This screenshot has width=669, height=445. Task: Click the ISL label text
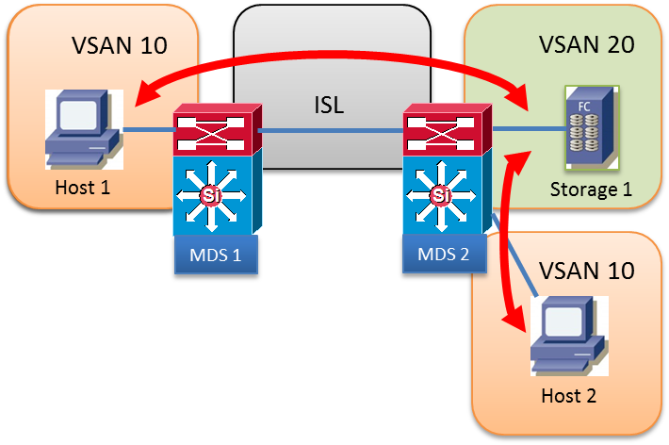point(329,104)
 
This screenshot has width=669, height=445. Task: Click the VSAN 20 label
point(585,44)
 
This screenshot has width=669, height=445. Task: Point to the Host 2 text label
point(568,395)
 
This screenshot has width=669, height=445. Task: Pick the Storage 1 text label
point(589,191)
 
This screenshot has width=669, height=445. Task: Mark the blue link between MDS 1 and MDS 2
point(329,129)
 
